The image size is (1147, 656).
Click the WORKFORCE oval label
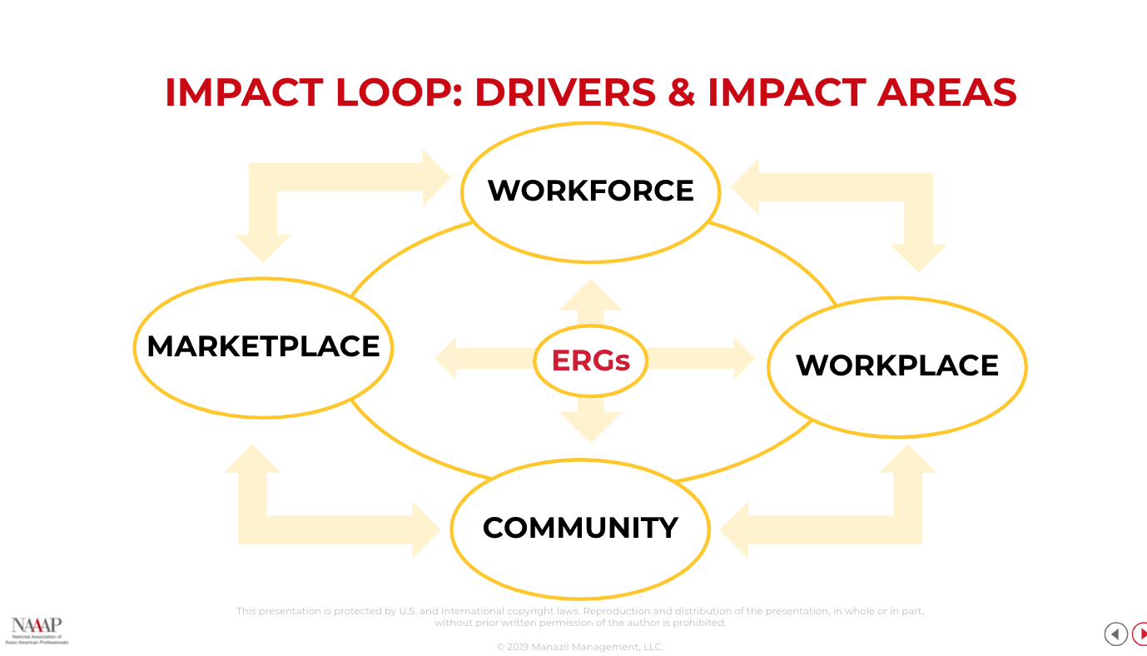coord(590,191)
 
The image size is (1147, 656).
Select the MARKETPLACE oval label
coord(263,346)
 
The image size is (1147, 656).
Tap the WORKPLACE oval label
coord(896,365)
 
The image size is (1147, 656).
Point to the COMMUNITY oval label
coord(580,528)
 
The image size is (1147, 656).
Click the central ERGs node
coord(590,360)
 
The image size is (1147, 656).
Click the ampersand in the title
coord(681,92)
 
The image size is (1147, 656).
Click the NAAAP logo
coord(37,630)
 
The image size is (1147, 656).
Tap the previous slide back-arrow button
coord(1115,634)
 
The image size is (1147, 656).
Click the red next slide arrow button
coord(1140,634)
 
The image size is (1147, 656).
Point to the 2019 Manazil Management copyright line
coord(580,647)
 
